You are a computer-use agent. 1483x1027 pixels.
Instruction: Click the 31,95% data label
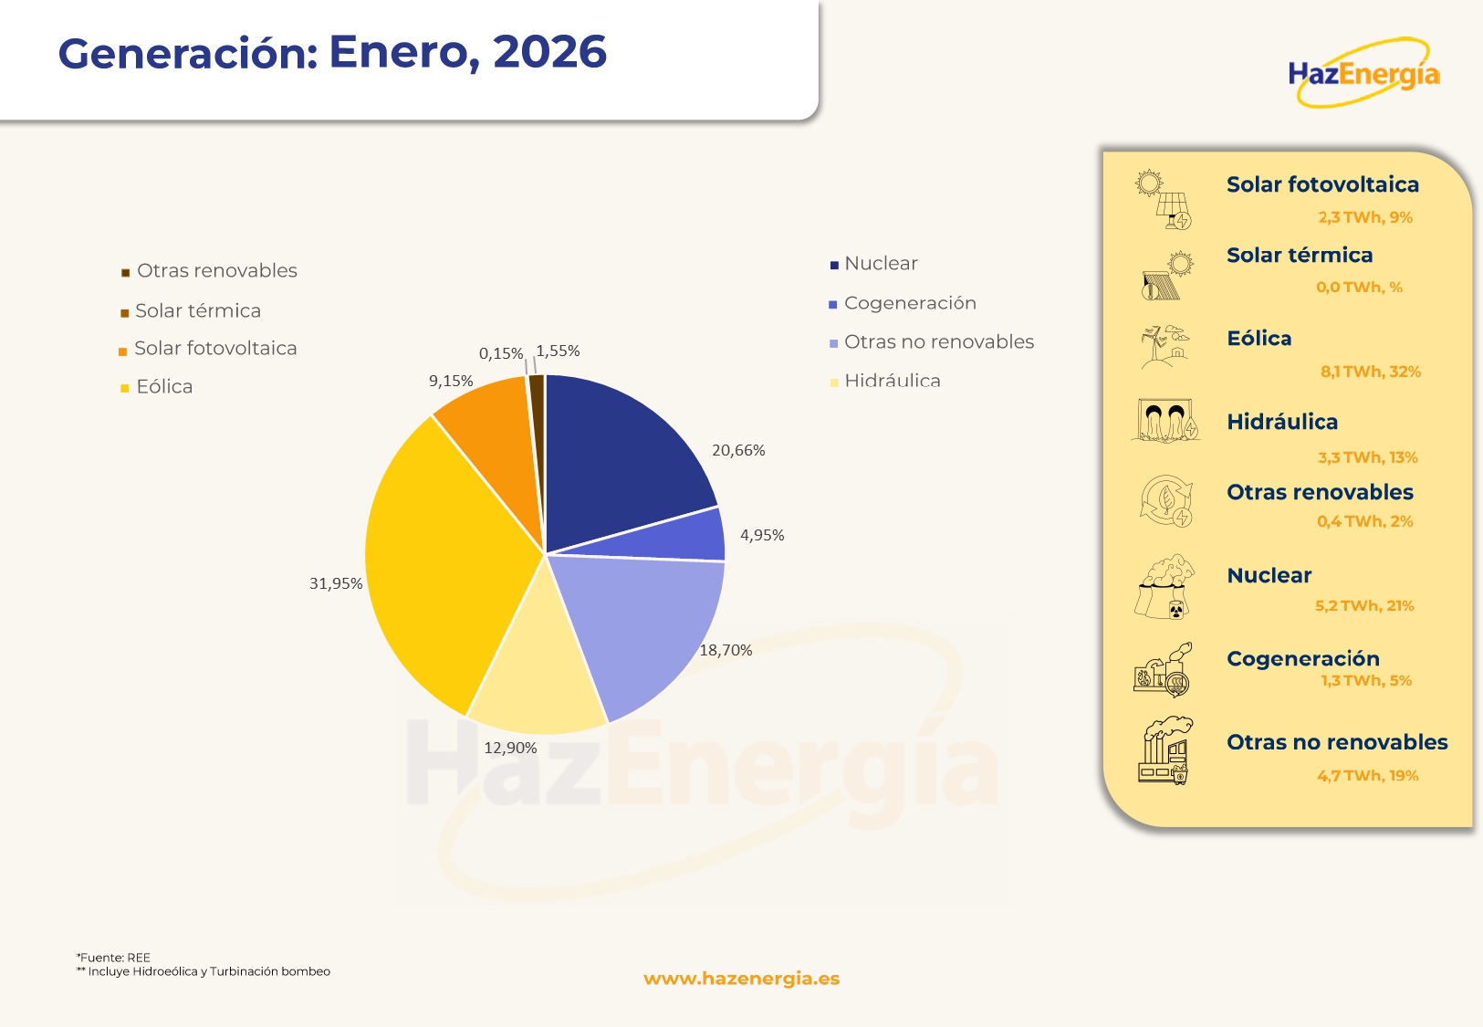[336, 583]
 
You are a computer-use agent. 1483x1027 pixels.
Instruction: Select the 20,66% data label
[738, 450]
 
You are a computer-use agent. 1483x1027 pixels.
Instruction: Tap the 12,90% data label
[510, 748]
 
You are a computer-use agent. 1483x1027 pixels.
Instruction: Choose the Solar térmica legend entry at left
[197, 311]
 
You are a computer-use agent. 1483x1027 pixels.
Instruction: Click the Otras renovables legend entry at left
[216, 271]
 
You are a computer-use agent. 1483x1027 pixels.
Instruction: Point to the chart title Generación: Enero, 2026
[332, 52]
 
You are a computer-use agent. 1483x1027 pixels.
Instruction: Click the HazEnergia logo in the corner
[1363, 73]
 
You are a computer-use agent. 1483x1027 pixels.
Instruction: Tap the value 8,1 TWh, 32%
[1371, 372]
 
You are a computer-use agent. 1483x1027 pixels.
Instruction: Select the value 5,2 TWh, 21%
[1364, 605]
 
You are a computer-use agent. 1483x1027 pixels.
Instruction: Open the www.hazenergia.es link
[741, 979]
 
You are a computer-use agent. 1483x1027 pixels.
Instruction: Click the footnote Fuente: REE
[114, 958]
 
